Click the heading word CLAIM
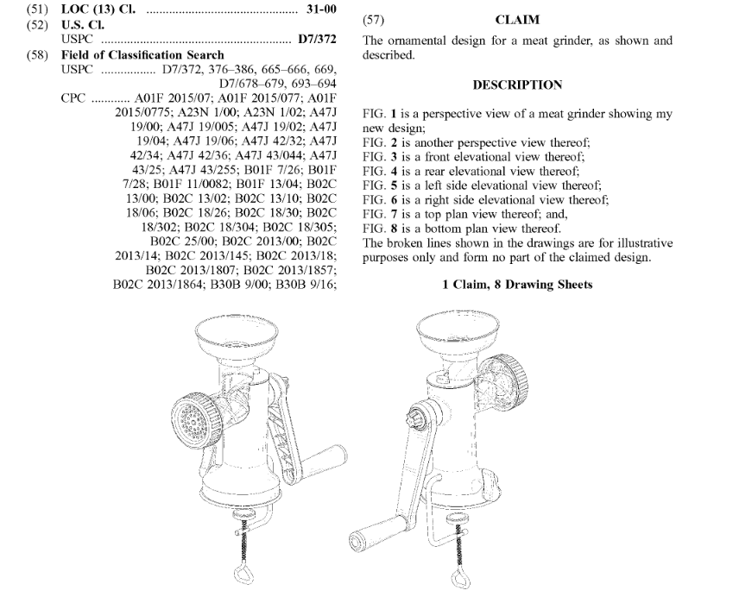point(517,18)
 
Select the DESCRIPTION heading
point(517,85)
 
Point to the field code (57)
point(373,18)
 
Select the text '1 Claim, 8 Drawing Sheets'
point(517,284)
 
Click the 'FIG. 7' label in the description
point(379,215)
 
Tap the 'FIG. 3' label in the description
point(379,156)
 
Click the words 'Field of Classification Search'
point(142,54)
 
